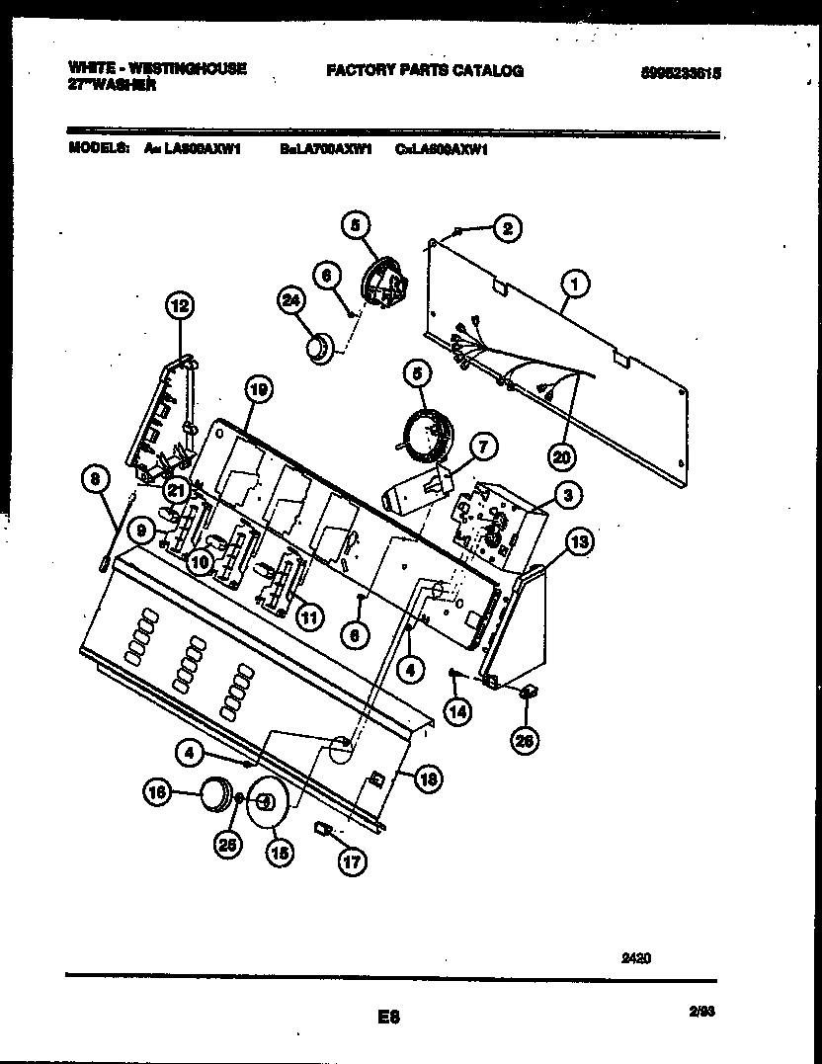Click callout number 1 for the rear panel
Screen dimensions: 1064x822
pyautogui.click(x=574, y=286)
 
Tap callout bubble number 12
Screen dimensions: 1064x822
pyautogui.click(x=179, y=307)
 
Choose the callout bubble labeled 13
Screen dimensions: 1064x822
pyautogui.click(x=580, y=541)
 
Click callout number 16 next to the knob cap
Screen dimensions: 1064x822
pyautogui.click(x=157, y=790)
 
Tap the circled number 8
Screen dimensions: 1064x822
pyautogui.click(x=95, y=480)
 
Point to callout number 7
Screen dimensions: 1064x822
pyautogui.click(x=482, y=448)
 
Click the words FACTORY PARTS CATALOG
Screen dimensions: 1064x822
pyautogui.click(x=424, y=71)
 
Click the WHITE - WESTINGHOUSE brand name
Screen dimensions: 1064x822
pyautogui.click(x=157, y=67)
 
